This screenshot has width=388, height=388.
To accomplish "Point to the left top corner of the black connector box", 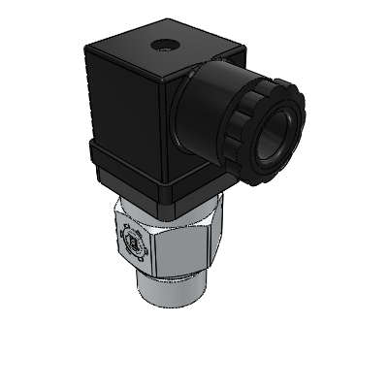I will click(x=91, y=54).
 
